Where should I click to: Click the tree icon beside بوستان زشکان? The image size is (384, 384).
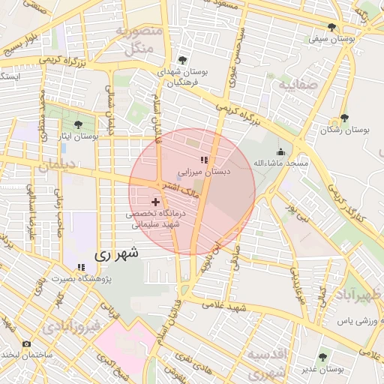point(343,118)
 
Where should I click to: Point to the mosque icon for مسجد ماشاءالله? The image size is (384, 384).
point(281,151)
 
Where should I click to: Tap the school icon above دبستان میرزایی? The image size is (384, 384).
point(204,159)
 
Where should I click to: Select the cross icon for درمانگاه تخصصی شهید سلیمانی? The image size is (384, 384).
point(156,202)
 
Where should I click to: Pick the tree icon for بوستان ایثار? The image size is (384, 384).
point(79,124)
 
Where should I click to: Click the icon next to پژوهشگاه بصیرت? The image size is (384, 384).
point(80,268)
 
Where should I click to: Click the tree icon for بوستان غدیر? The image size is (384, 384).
point(322,358)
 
